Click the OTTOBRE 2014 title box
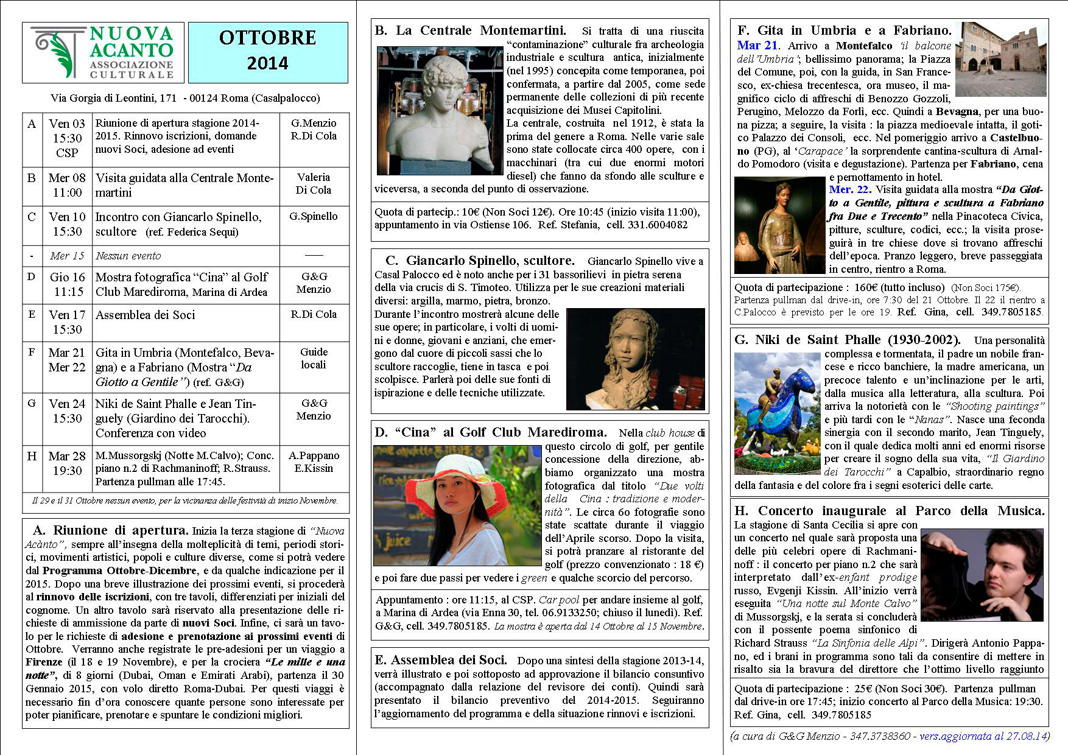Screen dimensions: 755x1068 pyautogui.click(x=268, y=52)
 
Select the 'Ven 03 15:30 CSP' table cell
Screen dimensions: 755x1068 pyautogui.click(x=66, y=139)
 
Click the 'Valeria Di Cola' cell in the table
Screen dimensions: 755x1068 pyautogui.click(x=314, y=184)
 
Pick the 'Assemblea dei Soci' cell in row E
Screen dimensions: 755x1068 pyautogui.click(x=146, y=315)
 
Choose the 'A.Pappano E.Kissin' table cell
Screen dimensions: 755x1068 pyautogui.click(x=314, y=462)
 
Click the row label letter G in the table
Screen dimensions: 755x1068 pyautogui.click(x=32, y=403)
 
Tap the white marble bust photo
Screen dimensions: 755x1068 pyautogui.click(x=439, y=111)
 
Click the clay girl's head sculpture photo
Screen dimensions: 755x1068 pyautogui.click(x=635, y=359)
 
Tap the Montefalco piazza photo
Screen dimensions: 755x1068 pyautogui.click(x=1001, y=59)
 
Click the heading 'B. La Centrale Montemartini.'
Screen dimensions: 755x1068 pyautogui.click(x=471, y=30)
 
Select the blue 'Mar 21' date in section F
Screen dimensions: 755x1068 pyautogui.click(x=757, y=46)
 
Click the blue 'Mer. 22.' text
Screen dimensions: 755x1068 pyautogui.click(x=850, y=189)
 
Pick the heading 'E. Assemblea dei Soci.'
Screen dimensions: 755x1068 pyautogui.click(x=441, y=661)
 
